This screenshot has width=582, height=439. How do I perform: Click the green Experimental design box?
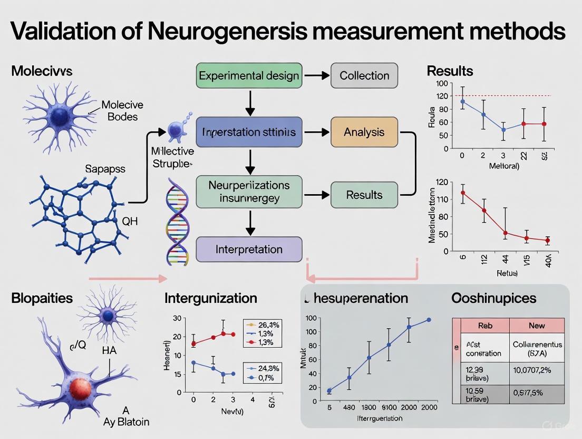coord(249,75)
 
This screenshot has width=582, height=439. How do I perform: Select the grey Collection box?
coord(364,75)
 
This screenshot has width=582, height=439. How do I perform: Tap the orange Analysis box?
coord(364,132)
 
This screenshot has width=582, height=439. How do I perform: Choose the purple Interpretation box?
coord(249,249)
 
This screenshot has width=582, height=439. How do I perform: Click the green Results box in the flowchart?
coord(364,195)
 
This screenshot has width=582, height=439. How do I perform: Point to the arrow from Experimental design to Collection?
coord(316,75)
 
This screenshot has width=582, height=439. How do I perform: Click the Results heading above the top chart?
coord(450,71)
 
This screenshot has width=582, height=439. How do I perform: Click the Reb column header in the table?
coord(484,326)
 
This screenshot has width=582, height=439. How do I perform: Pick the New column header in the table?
coord(536,326)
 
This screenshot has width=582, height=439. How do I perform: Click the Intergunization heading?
coord(211,298)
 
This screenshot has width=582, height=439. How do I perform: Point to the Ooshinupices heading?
coord(493,298)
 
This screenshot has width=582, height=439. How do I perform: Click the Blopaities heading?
coord(42,298)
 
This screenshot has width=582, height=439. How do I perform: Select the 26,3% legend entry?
coord(262,325)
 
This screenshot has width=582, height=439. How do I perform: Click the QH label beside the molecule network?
coord(130,221)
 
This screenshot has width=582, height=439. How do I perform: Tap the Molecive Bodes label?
coord(122,110)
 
